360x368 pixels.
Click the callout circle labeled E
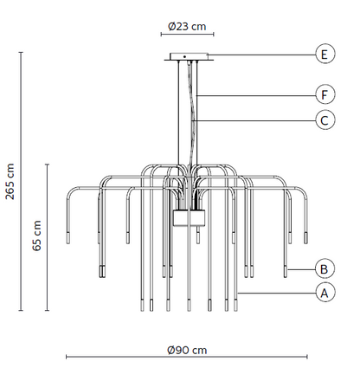pos(325,54)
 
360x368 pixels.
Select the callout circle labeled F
pos(325,94)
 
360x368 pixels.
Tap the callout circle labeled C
pos(325,120)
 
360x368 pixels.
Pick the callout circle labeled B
pos(325,269)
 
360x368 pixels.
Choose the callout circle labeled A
pos(325,293)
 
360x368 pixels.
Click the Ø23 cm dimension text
pos(187,27)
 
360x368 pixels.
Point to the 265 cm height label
pos(10,181)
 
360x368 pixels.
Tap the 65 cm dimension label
pos(37,236)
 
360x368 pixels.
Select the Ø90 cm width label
pos(187,350)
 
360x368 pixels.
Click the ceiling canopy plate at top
pos(189,57)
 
